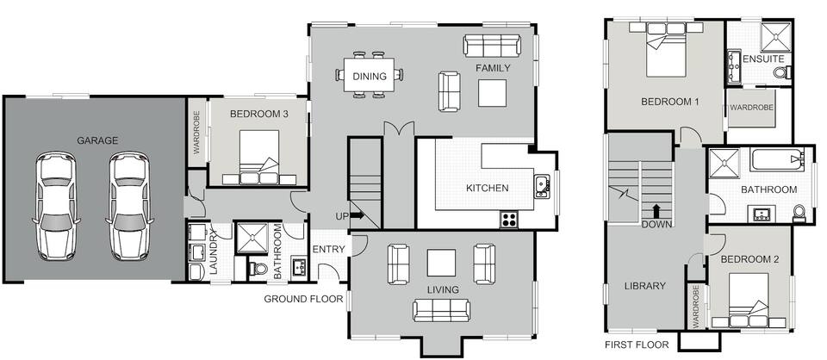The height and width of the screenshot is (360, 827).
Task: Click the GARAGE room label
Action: coord(97,140)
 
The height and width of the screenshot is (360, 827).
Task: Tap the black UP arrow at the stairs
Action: coord(357,215)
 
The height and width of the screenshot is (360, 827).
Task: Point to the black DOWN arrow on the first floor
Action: coord(656,211)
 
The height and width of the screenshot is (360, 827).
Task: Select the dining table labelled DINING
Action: coord(370,77)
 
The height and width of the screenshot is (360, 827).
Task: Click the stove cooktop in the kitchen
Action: coord(508,220)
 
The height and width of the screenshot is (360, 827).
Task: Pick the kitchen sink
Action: coord(542,186)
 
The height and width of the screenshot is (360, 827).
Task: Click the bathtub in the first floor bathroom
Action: coord(777,159)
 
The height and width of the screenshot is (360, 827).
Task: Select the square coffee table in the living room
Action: coord(441,263)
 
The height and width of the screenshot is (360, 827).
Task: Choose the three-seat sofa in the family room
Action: coord(492,46)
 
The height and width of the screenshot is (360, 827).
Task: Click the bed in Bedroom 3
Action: coord(259,157)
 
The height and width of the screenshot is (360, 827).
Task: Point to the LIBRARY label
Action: coord(645,286)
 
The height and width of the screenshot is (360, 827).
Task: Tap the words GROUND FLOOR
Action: coord(303,300)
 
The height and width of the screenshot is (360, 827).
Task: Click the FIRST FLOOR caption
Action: coord(637,345)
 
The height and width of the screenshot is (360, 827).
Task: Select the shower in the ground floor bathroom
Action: coord(252,239)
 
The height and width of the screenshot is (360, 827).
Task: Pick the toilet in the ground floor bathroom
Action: coord(258,269)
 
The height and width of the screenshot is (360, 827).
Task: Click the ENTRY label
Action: coord(328,249)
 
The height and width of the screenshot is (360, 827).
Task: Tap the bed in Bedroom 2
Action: coord(749,300)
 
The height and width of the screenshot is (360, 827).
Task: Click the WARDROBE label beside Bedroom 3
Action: coord(196,133)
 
